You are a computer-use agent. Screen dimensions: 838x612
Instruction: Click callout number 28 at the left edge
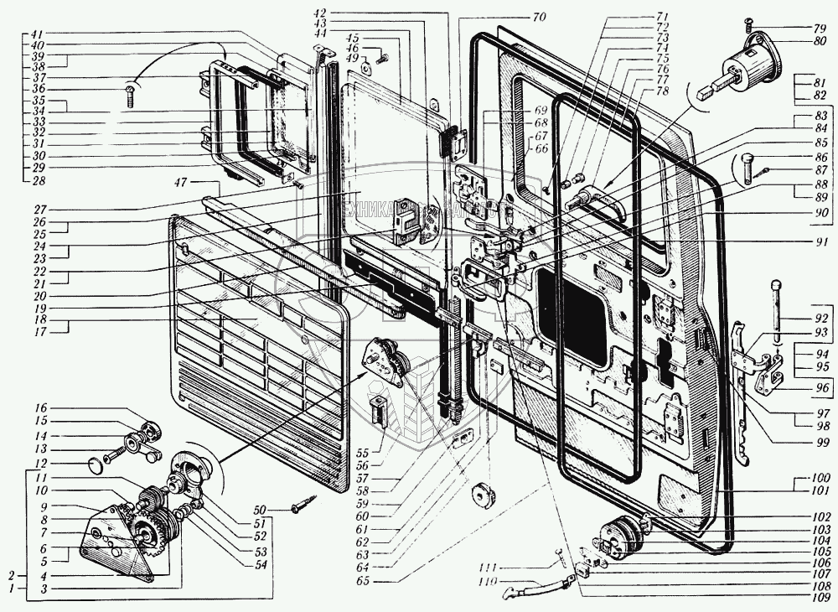click(39, 181)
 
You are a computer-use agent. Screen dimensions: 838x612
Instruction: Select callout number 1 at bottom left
click(11, 589)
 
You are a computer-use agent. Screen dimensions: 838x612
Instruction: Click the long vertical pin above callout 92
click(778, 306)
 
